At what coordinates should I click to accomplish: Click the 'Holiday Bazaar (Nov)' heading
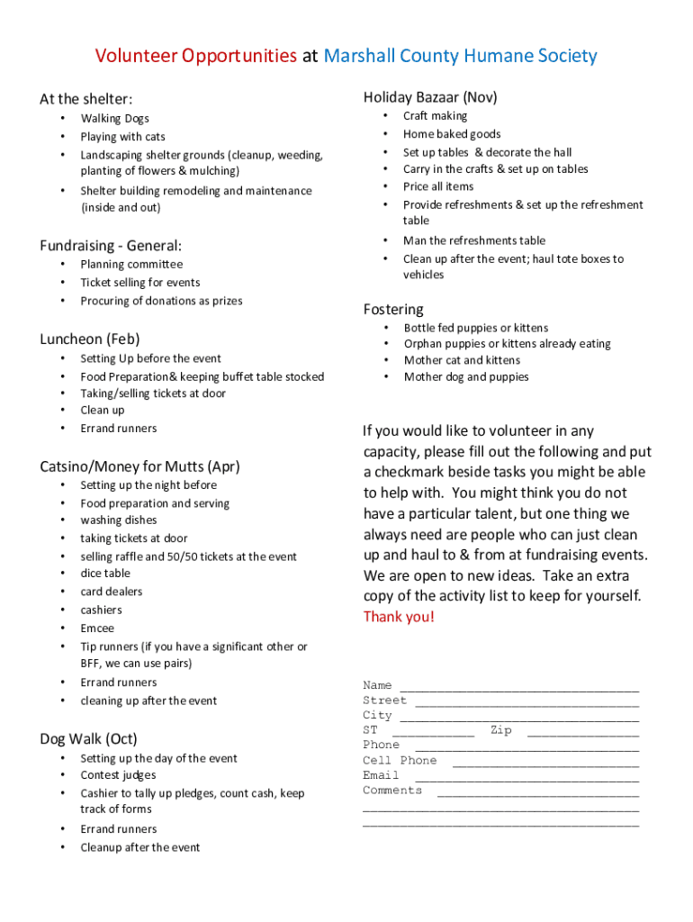point(430,97)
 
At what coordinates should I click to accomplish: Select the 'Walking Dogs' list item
point(114,119)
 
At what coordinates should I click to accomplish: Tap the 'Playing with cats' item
point(122,137)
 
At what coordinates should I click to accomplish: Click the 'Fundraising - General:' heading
point(111,246)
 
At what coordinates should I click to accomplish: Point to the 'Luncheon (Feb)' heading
point(90,339)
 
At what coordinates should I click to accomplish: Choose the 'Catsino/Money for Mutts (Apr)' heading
point(139,466)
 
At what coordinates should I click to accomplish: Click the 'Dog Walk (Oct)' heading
point(88,739)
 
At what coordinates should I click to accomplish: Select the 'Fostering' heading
point(393,310)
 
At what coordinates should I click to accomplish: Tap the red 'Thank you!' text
point(399,617)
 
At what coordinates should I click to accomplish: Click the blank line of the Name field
point(518,688)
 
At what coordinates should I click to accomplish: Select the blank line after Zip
point(582,733)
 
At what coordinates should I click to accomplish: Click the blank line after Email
point(526,778)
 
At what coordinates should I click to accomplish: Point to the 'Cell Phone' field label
point(400,761)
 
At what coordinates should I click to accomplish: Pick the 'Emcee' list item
point(97,628)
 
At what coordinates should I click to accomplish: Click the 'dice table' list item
point(105,574)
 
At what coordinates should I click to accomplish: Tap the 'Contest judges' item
point(118,775)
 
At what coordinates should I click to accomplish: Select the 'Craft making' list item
point(435,116)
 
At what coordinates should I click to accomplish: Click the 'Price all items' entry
point(438,186)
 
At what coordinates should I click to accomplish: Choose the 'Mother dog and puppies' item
point(466,377)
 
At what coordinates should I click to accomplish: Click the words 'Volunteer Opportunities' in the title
point(196,57)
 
